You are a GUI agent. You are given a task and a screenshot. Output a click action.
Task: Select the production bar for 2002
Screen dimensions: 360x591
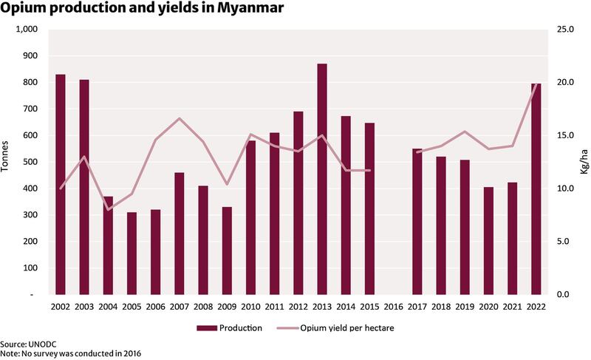61,184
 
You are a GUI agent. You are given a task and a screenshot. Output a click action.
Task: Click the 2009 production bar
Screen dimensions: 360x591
227,251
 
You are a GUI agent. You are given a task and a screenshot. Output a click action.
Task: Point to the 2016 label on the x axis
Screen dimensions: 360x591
394,306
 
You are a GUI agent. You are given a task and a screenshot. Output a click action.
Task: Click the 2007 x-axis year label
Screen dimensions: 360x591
179,306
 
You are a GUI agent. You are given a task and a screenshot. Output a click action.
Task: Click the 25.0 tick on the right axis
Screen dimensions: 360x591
564,30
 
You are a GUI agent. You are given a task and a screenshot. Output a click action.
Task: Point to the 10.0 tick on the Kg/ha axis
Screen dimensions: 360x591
564,189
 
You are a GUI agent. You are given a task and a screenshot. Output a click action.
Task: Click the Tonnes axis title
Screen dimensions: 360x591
7,156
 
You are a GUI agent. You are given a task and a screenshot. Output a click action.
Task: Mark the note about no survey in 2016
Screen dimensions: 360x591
71,354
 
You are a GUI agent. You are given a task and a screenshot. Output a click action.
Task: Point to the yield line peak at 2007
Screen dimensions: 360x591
180,118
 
